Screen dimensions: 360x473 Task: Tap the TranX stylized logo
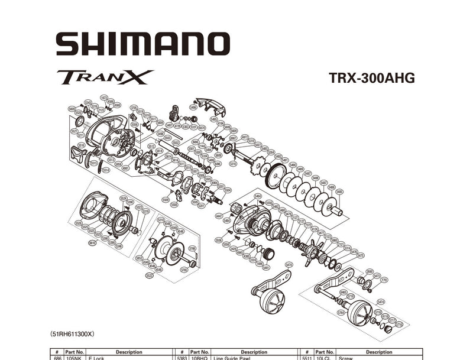pyautogui.click(x=105, y=77)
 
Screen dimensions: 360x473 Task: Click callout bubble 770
pyautogui.click(x=384, y=279)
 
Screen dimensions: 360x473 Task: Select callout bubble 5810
pyautogui.click(x=92, y=243)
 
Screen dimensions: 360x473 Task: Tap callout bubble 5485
pyautogui.click(x=339, y=192)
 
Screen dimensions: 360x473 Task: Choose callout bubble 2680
pyautogui.click(x=369, y=271)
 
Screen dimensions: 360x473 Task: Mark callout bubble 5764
pyautogui.click(x=341, y=312)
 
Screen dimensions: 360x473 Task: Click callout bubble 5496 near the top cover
pyautogui.click(x=193, y=107)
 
